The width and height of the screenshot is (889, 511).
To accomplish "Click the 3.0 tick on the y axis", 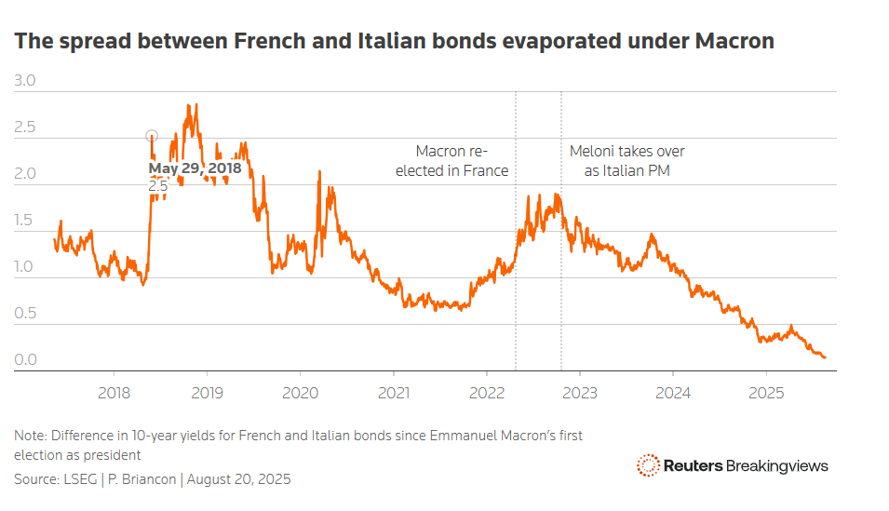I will (x=25, y=81).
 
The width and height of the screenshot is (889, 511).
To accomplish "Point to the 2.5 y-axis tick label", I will (x=25, y=128).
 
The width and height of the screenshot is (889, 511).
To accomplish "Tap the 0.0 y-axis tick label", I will (x=25, y=360).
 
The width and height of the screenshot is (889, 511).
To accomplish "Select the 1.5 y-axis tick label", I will (x=25, y=221).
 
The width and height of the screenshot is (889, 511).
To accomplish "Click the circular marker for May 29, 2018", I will (x=152, y=136).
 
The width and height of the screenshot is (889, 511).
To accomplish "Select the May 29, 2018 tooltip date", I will (x=195, y=168).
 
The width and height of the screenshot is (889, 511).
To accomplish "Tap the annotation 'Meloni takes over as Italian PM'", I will (x=626, y=161).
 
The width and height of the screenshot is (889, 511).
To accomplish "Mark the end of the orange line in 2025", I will (x=825, y=357).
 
